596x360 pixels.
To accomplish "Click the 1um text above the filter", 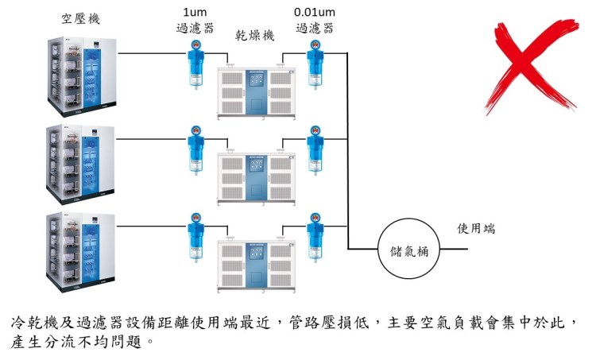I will pos(194,13).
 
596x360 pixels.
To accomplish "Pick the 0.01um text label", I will pos(314,13).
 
